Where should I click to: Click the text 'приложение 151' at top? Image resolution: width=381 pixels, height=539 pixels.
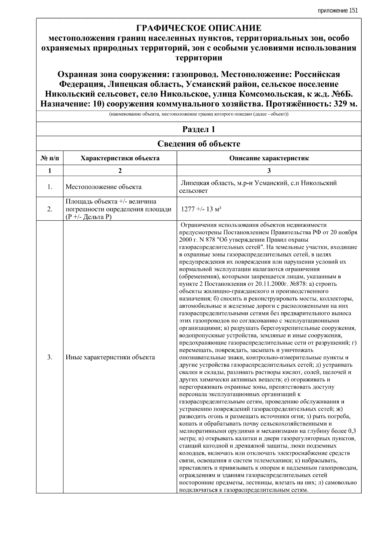point(338,10)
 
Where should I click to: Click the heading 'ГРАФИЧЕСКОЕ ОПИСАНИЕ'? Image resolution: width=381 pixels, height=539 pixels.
point(199,28)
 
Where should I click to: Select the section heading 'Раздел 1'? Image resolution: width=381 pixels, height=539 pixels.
point(199,129)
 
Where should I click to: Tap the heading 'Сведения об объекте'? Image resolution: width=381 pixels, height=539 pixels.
point(199,144)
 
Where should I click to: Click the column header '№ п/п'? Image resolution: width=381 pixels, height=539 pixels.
point(50,158)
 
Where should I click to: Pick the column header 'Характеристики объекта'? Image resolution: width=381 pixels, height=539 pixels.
point(120,158)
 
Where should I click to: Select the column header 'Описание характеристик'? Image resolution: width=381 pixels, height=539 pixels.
point(269,158)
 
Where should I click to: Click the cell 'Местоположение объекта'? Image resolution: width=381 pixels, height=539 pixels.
point(104,187)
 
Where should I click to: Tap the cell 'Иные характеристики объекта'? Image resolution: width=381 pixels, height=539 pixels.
point(110,357)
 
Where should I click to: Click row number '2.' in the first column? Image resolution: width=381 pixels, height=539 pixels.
point(50,209)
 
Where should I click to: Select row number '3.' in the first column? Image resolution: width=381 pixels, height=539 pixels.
point(50,357)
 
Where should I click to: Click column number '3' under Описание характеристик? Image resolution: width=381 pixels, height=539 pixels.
point(269,170)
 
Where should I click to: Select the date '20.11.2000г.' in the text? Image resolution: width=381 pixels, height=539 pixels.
point(267,284)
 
